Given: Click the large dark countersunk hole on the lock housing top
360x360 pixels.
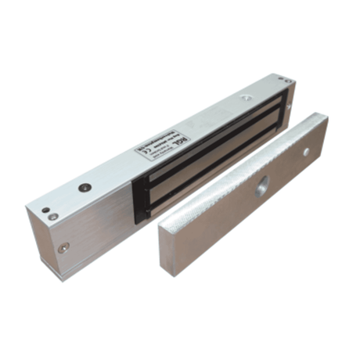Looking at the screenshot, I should click(85, 187).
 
